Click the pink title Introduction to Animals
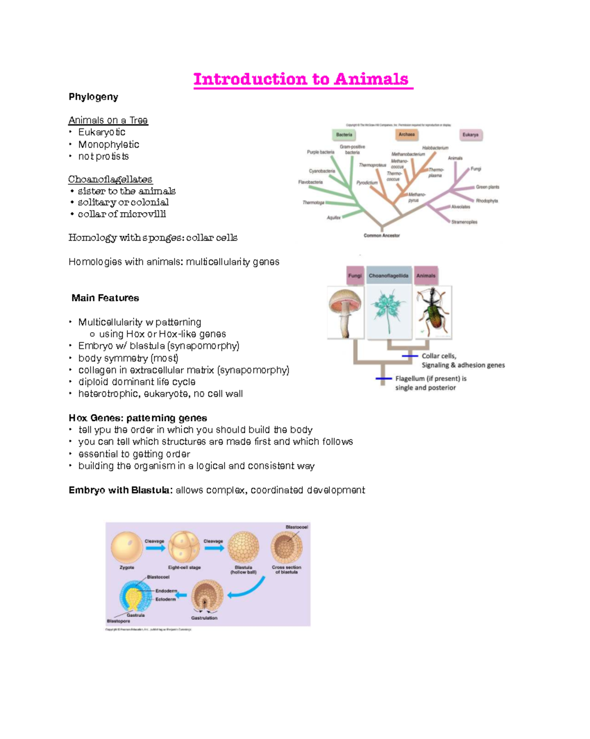[301, 79]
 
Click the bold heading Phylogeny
[93, 97]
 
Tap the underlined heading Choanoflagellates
[110, 179]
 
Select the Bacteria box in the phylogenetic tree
[344, 134]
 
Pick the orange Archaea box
[407, 134]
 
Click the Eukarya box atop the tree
[471, 135]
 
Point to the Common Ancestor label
[382, 235]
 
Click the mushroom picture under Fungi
[345, 312]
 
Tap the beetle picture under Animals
[433, 312]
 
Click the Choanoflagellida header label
[388, 276]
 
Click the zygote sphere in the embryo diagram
[127, 547]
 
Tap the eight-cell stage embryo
[184, 547]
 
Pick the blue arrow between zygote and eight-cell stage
[155, 548]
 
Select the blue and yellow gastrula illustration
[134, 596]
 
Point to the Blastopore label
[118, 621]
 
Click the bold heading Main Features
[105, 298]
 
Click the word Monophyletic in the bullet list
[109, 144]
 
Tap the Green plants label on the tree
[487, 187]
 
